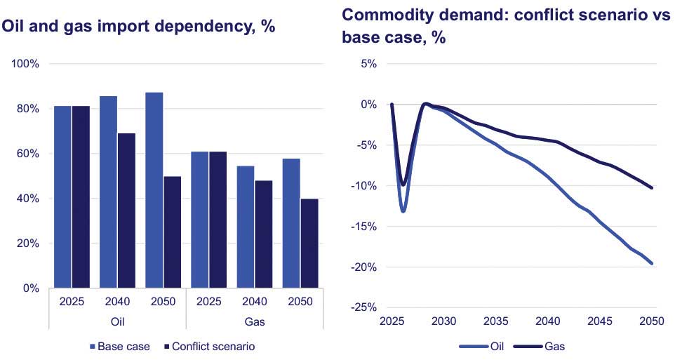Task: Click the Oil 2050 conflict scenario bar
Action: [173, 232]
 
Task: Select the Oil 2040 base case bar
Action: [108, 192]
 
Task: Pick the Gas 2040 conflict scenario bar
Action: [263, 234]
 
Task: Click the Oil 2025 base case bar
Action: [62, 196]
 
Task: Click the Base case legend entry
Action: [120, 346]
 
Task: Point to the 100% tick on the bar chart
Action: [26, 64]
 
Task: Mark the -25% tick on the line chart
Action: [365, 307]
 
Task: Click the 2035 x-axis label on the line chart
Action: [495, 321]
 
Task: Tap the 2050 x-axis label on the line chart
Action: [652, 321]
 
